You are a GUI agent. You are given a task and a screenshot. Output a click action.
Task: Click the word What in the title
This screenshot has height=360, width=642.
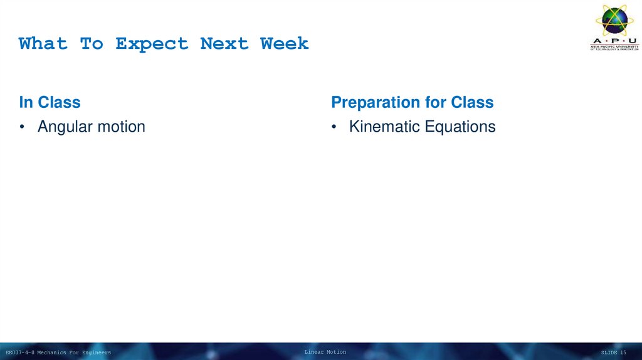43,44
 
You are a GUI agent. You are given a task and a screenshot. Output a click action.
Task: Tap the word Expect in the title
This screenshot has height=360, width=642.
152,44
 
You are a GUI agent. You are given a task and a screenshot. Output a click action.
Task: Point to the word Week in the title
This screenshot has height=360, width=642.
285,44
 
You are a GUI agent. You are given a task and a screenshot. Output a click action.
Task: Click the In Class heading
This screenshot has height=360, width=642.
50,102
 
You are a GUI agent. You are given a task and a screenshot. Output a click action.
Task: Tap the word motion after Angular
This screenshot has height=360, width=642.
120,127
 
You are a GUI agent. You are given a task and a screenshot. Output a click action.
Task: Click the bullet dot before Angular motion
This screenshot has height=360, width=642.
22,127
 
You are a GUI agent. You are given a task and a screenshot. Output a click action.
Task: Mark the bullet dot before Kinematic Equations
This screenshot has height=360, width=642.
334,127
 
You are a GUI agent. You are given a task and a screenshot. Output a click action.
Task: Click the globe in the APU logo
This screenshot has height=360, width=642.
614,20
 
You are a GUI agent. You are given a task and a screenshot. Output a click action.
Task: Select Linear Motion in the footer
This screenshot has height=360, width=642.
325,352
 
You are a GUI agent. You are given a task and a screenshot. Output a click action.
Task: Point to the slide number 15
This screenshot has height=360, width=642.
623,352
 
